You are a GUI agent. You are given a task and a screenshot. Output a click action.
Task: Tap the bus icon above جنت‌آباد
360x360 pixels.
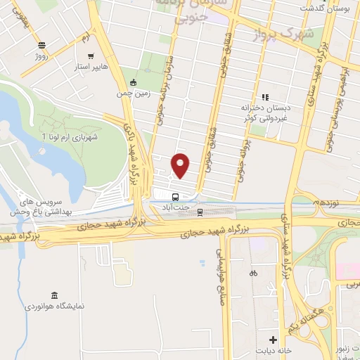[176, 196]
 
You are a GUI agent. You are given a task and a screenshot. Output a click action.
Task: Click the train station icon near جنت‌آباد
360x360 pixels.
[200, 210]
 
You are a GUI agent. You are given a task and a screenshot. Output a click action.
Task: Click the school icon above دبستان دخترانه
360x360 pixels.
[265, 97]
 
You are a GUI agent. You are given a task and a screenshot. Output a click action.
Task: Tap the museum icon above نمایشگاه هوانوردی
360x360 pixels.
[55, 295]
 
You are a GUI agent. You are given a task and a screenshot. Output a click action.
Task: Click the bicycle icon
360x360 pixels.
[253, 272]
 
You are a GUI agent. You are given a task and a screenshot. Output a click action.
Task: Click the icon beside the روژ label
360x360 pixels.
[41, 43]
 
